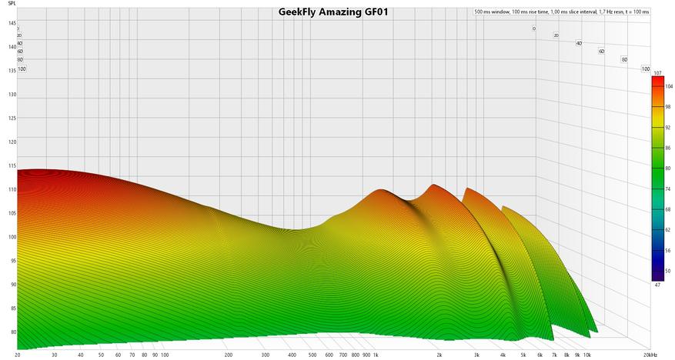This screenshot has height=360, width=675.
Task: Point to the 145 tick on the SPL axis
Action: point(12,24)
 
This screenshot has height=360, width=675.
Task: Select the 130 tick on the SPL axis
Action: point(12,95)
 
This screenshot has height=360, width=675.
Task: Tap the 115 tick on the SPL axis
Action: point(12,166)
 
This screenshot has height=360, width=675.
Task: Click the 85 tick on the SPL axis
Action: point(12,308)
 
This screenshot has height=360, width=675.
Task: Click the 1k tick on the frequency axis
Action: point(376,355)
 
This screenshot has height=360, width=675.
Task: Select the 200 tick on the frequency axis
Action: point(229,355)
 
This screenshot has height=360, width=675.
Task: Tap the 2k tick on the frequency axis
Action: point(439,355)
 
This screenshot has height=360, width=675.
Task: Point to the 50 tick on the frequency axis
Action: point(102,355)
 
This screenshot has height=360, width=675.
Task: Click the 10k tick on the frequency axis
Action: point(586,355)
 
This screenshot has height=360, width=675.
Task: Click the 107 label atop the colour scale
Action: point(657,73)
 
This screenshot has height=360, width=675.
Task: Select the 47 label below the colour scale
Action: point(657,285)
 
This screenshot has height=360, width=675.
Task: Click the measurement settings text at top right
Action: point(561,12)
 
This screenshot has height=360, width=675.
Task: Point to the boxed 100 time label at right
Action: point(646,69)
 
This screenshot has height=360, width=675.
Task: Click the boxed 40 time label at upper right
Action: point(579,43)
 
